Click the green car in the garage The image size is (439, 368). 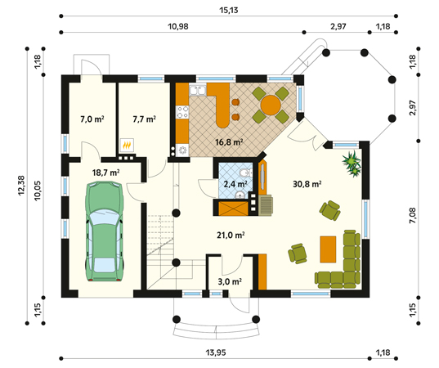click(105, 231)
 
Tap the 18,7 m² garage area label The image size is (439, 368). click(106, 173)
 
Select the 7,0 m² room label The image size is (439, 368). click(92, 119)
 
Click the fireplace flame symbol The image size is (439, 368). click(127, 146)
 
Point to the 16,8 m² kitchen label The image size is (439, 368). click(229, 142)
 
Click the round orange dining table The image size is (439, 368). click(271, 105)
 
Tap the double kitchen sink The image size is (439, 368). click(198, 90)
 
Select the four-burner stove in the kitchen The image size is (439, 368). click(182, 112)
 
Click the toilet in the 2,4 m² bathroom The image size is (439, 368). click(245, 173)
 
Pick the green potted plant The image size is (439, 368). click(352, 164)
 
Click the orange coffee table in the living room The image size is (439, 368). click(328, 249)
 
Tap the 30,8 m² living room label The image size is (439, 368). click(307, 184)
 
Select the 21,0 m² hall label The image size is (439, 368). click(231, 236)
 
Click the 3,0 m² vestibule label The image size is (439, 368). click(230, 281)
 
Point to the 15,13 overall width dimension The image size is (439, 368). click(228, 11)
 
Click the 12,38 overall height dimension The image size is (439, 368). click(21, 186)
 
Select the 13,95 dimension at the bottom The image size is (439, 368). click(216, 352)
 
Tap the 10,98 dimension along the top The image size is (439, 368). click(178, 27)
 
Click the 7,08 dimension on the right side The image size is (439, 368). click(412, 215)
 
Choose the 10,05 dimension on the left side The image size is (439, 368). click(38, 191)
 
